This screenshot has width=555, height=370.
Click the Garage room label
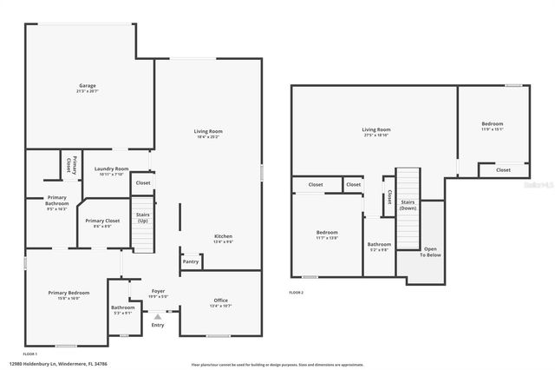(x=88, y=85)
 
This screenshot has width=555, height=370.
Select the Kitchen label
(x=223, y=236)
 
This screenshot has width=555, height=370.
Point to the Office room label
(x=221, y=301)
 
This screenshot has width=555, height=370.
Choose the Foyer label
(x=158, y=291)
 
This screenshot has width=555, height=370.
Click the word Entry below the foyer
(x=157, y=325)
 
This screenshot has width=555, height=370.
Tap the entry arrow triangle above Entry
(x=157, y=316)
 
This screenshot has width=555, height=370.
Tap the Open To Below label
(x=431, y=252)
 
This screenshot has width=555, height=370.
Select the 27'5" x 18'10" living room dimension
(x=375, y=135)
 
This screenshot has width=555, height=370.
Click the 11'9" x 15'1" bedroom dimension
(x=493, y=129)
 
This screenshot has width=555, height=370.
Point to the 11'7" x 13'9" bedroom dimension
(x=327, y=237)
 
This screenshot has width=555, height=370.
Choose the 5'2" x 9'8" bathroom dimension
(x=379, y=249)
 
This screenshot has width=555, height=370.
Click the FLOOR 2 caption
(x=297, y=293)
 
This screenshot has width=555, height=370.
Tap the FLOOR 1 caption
(x=30, y=354)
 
